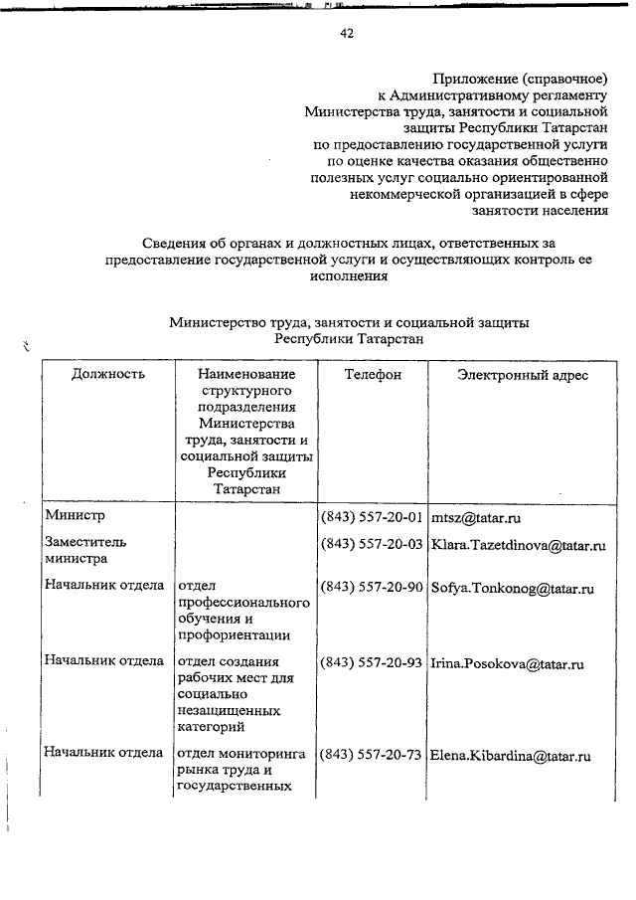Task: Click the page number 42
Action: (x=347, y=33)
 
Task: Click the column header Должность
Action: (x=108, y=375)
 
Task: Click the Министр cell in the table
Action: (x=75, y=516)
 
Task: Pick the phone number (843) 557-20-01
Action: (x=373, y=518)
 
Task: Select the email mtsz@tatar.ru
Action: (x=477, y=518)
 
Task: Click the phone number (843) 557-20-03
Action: (x=373, y=546)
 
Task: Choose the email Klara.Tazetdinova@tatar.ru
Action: (x=519, y=546)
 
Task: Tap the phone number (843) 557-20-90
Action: (x=373, y=588)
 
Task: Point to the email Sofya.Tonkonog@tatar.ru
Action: (x=513, y=588)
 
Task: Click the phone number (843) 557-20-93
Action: (x=373, y=663)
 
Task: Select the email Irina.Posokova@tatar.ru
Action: (x=507, y=663)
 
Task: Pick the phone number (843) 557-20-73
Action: (x=373, y=756)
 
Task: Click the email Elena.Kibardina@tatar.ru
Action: (x=512, y=756)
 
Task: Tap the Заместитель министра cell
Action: (x=84, y=551)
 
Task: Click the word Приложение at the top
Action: (x=470, y=78)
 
